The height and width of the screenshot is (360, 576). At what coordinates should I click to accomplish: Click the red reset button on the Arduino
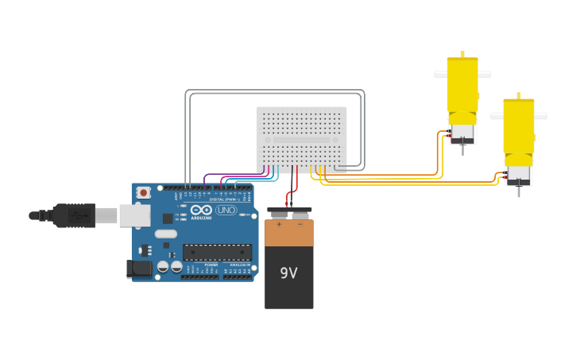pos(144,192)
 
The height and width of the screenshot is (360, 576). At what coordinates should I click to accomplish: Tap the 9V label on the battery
pos(288,273)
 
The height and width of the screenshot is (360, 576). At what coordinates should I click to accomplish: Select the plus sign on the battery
pos(279,225)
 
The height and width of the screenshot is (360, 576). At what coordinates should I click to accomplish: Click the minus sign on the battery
pos(300,225)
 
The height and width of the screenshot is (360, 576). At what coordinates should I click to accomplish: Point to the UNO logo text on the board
pos(226,211)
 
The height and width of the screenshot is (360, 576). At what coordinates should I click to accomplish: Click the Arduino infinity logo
pos(201,210)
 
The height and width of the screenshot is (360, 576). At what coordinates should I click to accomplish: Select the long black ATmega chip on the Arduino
pos(216,252)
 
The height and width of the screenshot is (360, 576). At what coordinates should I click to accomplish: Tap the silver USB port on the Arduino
pos(134,215)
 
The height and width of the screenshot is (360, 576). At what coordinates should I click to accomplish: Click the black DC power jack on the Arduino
pos(139,269)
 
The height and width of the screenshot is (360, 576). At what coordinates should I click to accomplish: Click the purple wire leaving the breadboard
pos(230,175)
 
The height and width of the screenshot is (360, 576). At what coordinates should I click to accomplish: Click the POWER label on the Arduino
pos(211,265)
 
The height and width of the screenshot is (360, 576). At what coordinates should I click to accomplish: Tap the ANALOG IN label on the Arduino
pos(240,265)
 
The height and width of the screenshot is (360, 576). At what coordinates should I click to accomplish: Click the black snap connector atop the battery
pos(289,213)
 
